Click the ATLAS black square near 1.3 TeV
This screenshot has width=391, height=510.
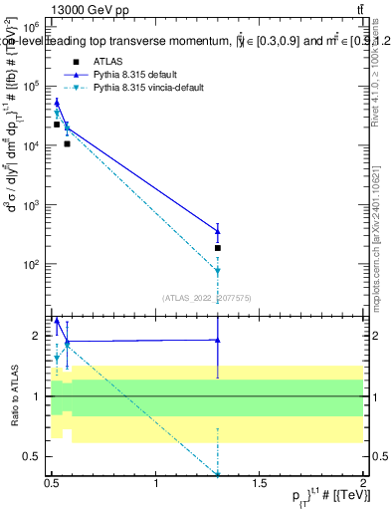tap(217, 247)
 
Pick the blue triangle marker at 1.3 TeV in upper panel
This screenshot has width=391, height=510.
tap(217, 231)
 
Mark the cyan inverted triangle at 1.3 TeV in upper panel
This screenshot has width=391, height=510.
tap(217, 271)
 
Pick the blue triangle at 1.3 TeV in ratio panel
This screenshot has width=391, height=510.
tap(217, 340)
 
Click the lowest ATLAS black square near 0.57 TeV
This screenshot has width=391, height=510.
tap(68, 143)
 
